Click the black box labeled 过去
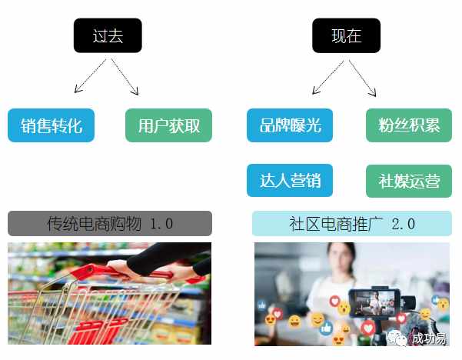pos(108,35)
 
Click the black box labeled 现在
pos(346,35)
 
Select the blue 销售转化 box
pos(51,125)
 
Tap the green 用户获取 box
pos(168,125)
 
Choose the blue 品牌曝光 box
pos(290,125)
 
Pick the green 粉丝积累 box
pos(409,125)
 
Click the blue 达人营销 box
pos(290,181)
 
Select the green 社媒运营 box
pos(409,181)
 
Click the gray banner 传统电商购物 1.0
pos(110,223)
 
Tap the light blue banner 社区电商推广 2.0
pos(352,223)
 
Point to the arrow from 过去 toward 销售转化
pos(90,76)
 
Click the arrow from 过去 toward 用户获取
pos(125,77)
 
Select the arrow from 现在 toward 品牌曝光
pos(328,77)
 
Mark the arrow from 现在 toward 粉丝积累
pos(362,78)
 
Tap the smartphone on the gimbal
pos(375,303)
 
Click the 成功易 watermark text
pos(429,338)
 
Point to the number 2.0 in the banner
pos(403,224)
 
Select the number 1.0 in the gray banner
pos(161,224)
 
